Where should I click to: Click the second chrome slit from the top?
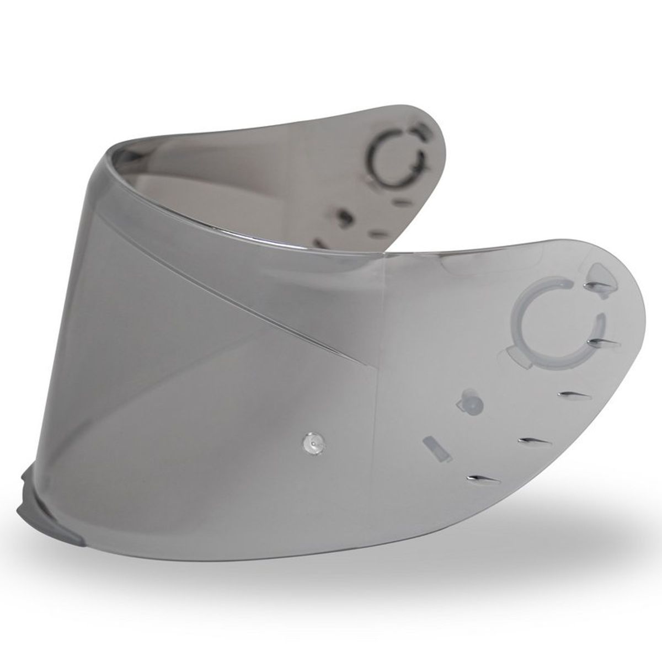pos(604,344)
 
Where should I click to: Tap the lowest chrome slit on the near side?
pos(482,477)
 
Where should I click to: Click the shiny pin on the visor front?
pos(314,426)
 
